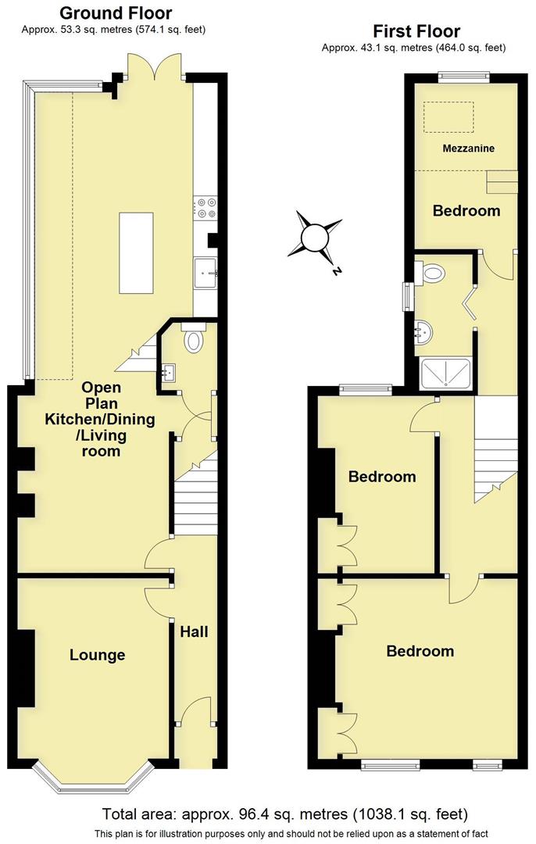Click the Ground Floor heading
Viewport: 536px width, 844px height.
point(116,13)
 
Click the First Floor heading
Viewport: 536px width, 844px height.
point(416,31)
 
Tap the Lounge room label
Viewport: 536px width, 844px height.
point(97,655)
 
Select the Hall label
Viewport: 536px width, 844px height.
point(194,631)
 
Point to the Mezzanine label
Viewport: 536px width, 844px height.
point(468,148)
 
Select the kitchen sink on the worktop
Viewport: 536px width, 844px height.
point(208,268)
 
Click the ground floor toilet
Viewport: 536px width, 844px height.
point(193,338)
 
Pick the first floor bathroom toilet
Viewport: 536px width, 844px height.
point(431,272)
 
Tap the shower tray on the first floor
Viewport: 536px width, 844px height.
point(446,374)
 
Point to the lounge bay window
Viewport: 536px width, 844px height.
point(93,778)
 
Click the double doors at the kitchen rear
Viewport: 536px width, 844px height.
point(156,67)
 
